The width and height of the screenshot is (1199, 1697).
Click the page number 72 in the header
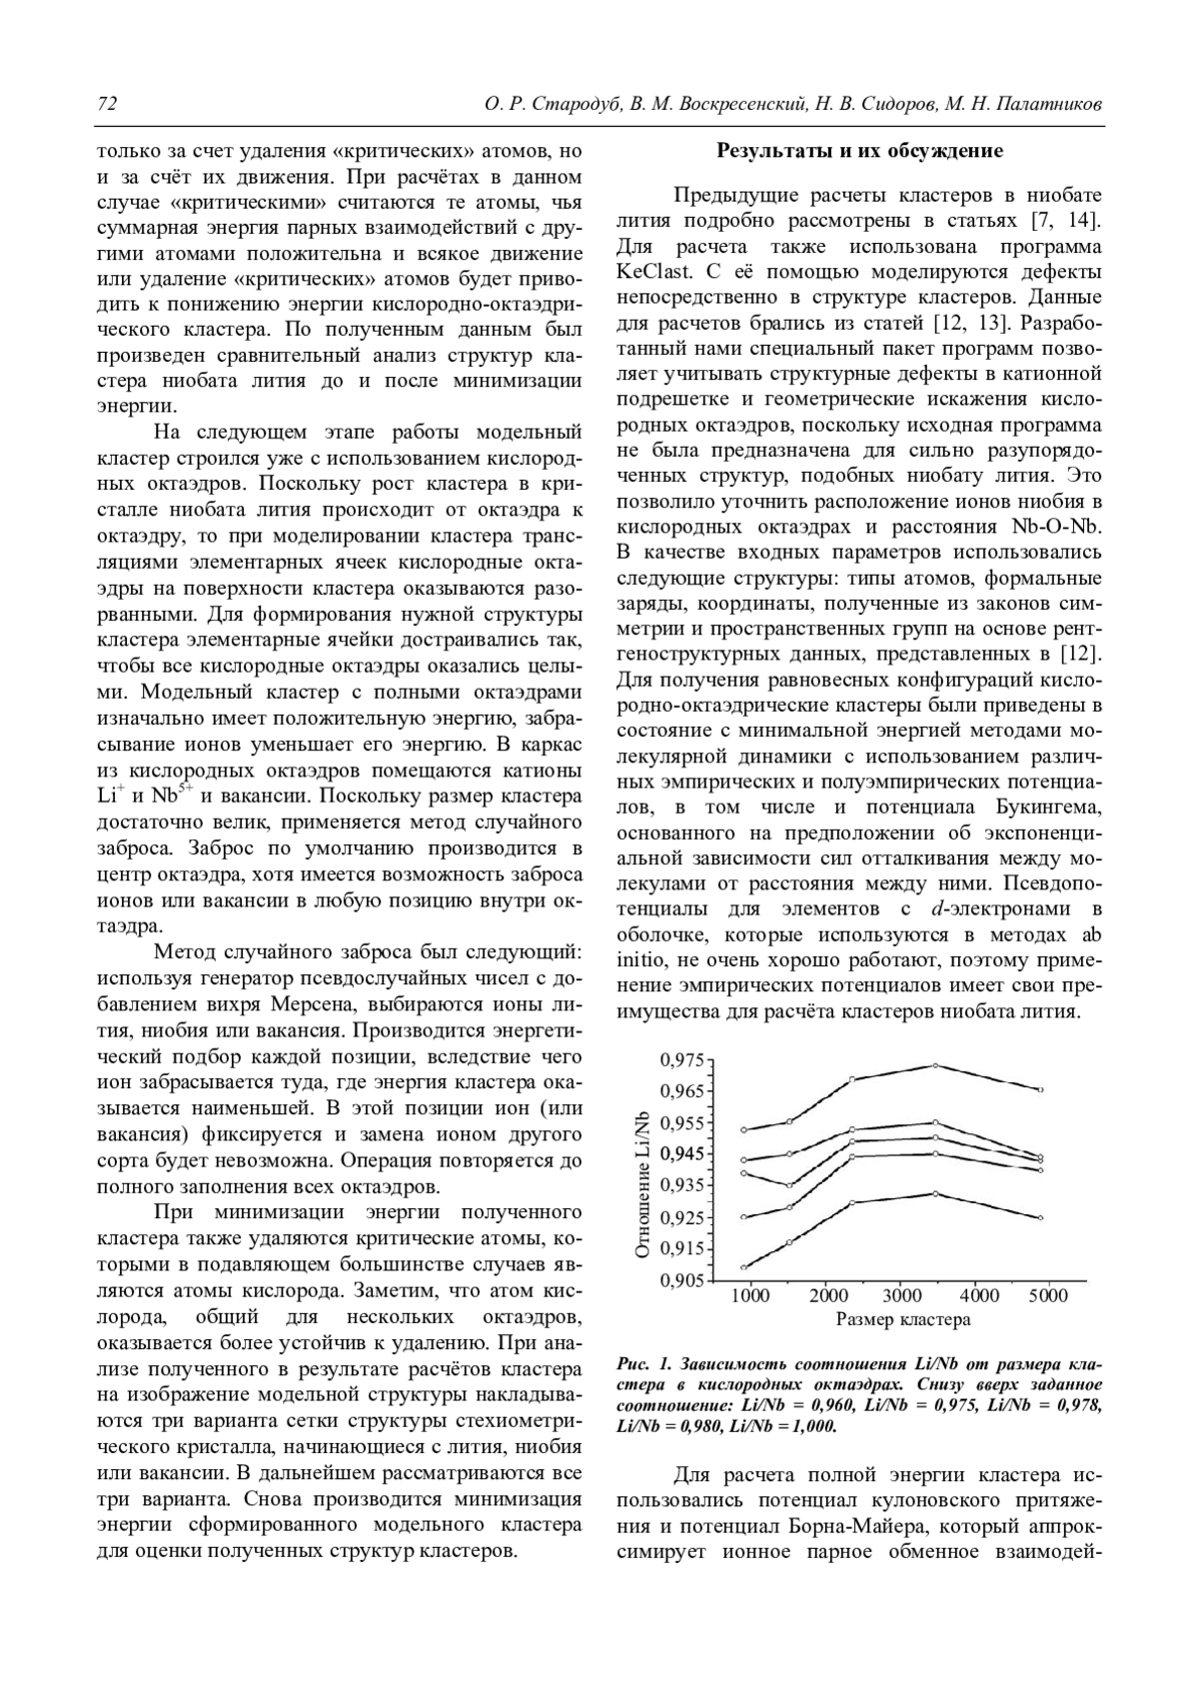(107, 104)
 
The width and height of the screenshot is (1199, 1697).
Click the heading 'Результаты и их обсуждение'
(859, 152)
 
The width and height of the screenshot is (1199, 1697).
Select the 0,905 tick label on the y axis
(681, 1281)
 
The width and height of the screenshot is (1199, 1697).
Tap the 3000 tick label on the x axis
(902, 1296)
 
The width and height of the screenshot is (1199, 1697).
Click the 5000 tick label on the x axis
(1048, 1296)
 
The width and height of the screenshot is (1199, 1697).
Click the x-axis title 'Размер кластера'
(902, 1319)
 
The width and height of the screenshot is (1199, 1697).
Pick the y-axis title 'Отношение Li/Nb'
(643, 1184)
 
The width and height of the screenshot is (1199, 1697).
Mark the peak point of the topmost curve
(934, 1065)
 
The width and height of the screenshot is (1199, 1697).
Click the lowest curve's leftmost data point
(744, 1267)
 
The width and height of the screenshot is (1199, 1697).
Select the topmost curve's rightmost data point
(1041, 1089)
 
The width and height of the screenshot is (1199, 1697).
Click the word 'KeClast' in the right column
(653, 272)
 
